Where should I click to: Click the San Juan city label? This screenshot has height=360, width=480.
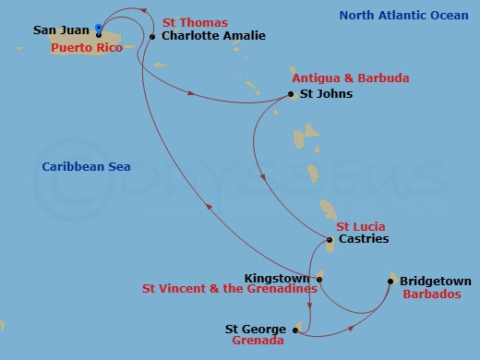click(62, 30)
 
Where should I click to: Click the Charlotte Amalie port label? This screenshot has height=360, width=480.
click(213, 36)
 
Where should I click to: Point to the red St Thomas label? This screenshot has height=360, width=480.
click(195, 21)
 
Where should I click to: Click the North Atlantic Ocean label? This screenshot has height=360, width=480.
click(403, 16)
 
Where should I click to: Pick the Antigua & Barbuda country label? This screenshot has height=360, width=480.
click(350, 78)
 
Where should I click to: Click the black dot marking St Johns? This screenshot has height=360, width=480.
click(292, 94)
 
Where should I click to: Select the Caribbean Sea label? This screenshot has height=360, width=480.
click(86, 166)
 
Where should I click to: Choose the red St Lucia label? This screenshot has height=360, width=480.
click(360, 225)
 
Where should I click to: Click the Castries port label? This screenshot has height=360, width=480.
click(364, 239)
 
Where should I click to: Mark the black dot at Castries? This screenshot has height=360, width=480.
click(330, 240)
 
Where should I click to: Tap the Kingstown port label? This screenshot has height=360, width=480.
click(279, 277)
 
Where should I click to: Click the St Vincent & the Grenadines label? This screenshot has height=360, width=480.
click(229, 289)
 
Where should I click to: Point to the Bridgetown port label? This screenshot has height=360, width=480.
click(436, 282)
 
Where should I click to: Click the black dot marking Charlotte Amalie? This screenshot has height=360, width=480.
click(151, 36)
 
